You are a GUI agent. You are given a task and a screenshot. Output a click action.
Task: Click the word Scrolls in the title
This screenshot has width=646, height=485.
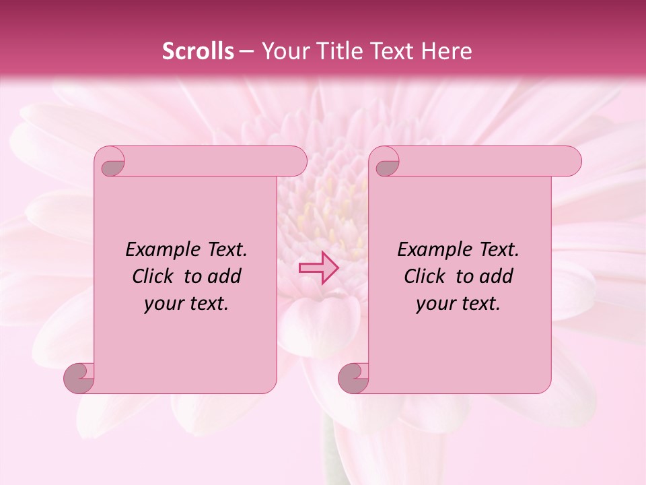coord(198,51)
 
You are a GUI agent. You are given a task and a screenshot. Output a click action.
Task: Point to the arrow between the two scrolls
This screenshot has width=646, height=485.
coord(319,267)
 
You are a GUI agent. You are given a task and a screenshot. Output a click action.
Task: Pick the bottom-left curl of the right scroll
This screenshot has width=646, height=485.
coord(354,377)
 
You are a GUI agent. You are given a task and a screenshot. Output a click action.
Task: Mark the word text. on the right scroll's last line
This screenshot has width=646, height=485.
coord(480,304)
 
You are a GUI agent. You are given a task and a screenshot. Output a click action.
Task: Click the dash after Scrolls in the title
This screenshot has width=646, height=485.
coord(246,51)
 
